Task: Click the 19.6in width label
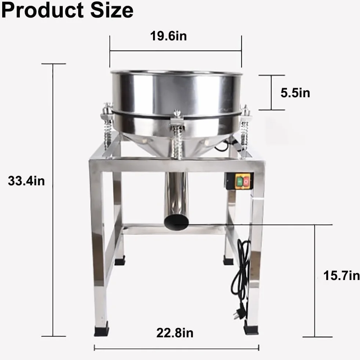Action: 168,36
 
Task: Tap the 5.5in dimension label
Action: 295,93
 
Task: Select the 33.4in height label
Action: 26,181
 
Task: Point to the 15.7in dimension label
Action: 341,276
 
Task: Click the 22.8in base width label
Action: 175,333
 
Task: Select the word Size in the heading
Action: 112,10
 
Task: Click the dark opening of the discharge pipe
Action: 176,222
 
